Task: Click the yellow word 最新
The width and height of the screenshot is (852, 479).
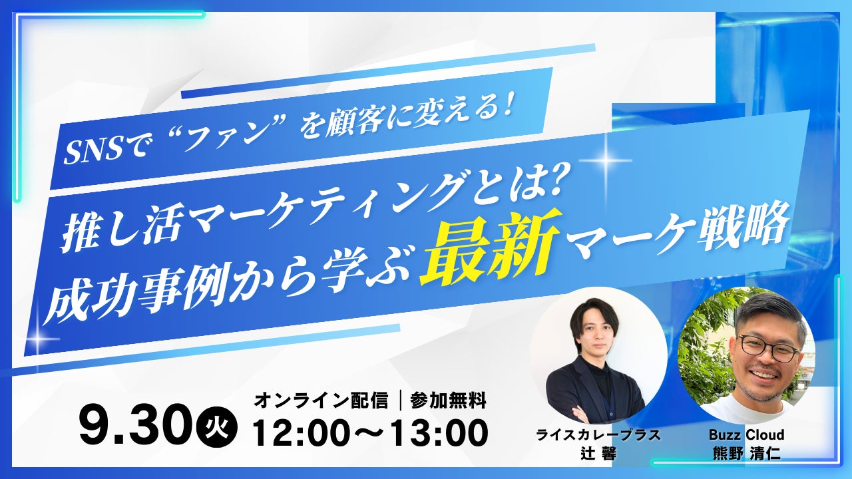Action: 491,249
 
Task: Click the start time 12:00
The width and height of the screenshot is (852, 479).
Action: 305,433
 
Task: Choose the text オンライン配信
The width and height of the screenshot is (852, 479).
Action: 321,400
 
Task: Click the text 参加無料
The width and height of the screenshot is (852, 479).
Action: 448,400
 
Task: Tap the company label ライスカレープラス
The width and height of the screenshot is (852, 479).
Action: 598,435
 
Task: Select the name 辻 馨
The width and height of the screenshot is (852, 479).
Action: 598,454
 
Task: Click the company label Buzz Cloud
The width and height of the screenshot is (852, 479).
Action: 746,434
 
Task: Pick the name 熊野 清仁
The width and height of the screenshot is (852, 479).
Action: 746,454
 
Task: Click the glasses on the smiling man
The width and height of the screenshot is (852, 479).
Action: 768,348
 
